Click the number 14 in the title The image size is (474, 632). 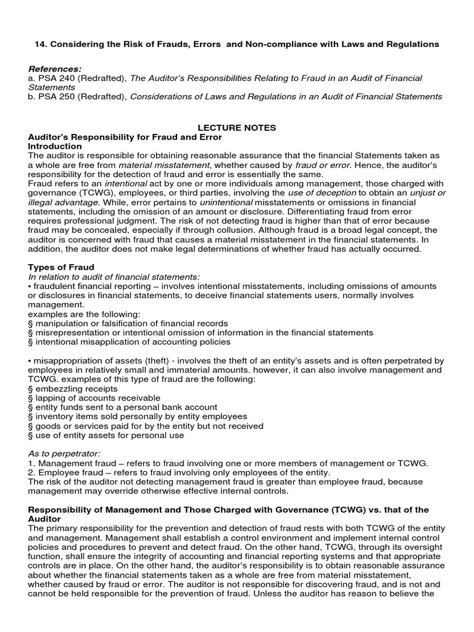pyautogui.click(x=37, y=44)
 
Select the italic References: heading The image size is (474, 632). pyautogui.click(x=55, y=69)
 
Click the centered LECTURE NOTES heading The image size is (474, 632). pyautogui.click(x=236, y=128)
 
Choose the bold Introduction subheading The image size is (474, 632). pyautogui.click(x=55, y=146)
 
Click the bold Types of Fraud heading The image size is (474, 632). pyautogui.click(x=61, y=267)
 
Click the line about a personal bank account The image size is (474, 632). pyautogui.click(x=123, y=407)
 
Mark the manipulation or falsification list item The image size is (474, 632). pyautogui.click(x=128, y=323)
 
